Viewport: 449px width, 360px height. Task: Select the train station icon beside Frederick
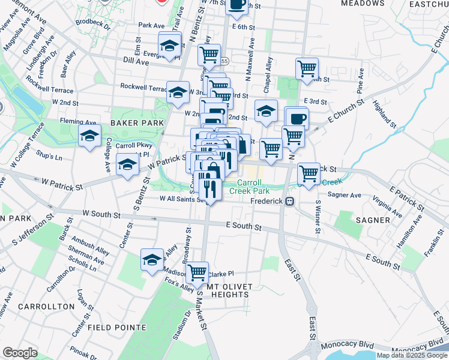coord(290,201)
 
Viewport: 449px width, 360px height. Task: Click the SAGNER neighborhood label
coord(373,220)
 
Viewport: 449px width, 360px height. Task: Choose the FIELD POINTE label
coord(117,328)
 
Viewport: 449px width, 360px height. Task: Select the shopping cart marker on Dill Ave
coord(209,55)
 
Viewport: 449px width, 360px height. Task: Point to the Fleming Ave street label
coord(78,122)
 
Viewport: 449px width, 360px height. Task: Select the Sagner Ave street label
coord(345,195)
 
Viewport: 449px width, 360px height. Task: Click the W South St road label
coord(101,214)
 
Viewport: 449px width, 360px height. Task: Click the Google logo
coord(20,353)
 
